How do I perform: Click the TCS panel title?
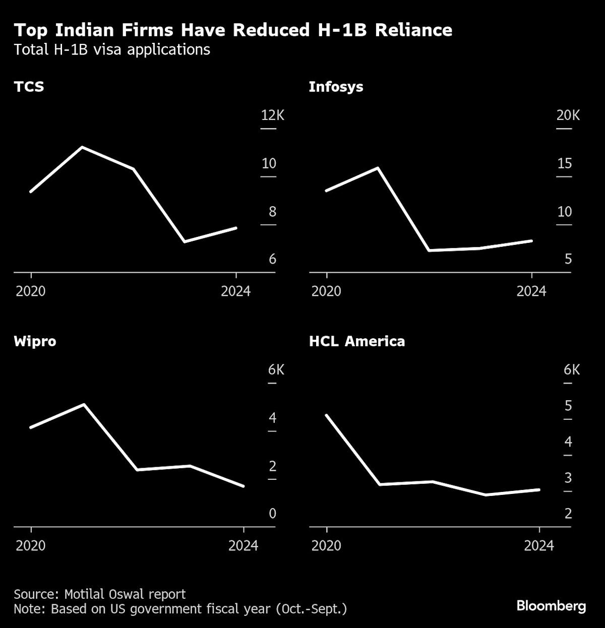(29, 87)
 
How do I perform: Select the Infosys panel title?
(336, 87)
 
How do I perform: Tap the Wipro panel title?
(35, 341)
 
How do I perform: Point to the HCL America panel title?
(357, 341)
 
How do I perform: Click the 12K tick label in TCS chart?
(272, 115)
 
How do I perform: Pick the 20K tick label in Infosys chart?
(568, 115)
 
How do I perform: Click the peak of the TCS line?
(82, 147)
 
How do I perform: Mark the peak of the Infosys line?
(378, 168)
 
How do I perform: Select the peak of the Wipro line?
(84, 404)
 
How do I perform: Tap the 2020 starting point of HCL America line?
(327, 415)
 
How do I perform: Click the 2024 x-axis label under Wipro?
(243, 546)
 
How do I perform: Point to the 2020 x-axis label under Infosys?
(326, 291)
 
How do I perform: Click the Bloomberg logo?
(551, 605)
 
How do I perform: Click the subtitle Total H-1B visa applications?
(112, 50)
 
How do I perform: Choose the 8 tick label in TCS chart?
(272, 212)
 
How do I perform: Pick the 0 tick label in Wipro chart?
(272, 514)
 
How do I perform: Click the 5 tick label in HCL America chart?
(568, 406)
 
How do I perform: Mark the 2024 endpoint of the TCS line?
(236, 228)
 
